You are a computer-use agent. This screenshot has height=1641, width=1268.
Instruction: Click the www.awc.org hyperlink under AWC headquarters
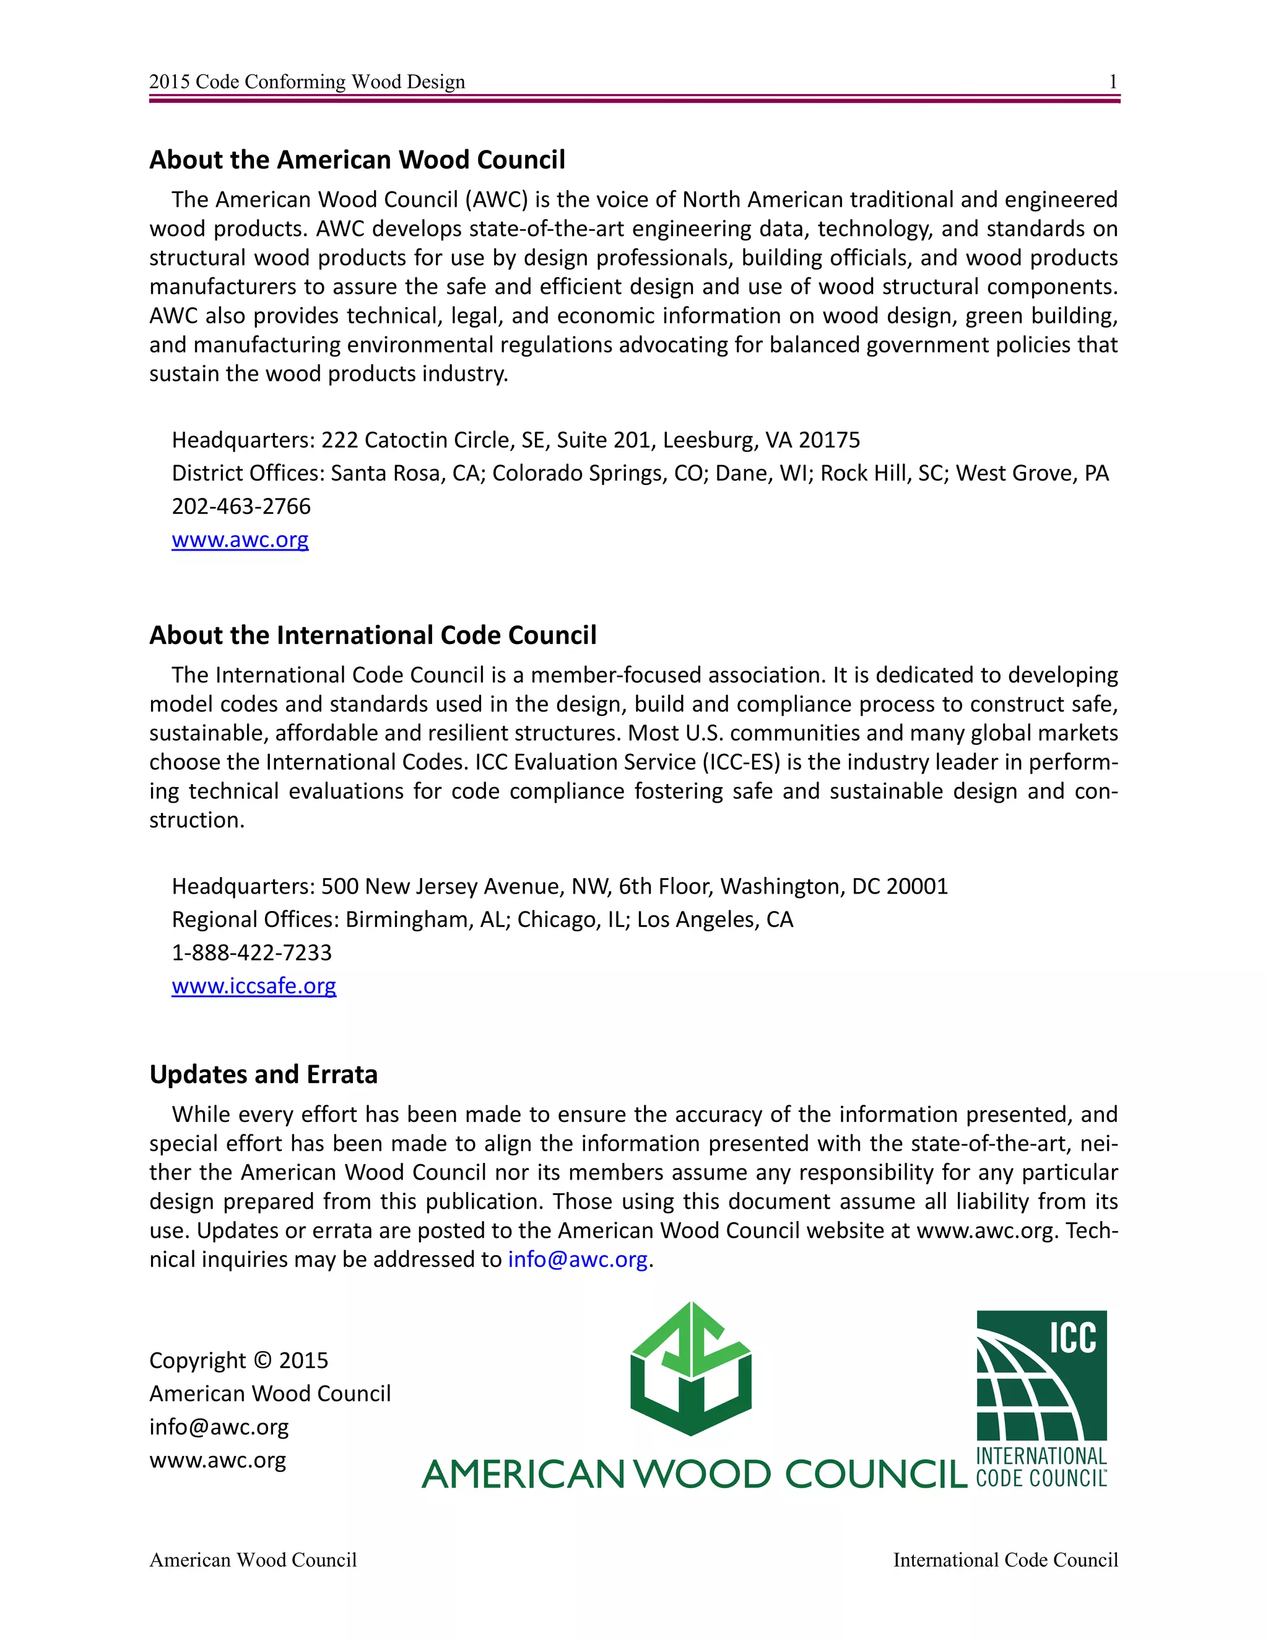click(240, 539)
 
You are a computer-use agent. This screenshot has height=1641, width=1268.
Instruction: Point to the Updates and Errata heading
click(263, 1074)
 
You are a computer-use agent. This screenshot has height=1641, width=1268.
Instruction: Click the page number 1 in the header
click(1113, 81)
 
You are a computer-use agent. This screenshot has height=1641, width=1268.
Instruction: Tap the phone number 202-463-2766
click(240, 506)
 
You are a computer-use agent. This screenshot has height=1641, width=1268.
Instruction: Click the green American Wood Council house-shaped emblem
click(691, 1369)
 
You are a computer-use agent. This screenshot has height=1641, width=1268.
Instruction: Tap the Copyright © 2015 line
click(238, 1360)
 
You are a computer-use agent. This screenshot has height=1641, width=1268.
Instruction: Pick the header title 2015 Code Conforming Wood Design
click(306, 81)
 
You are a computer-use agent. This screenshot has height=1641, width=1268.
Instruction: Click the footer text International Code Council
click(1005, 1560)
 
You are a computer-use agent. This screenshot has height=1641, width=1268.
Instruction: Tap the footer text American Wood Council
click(253, 1560)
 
